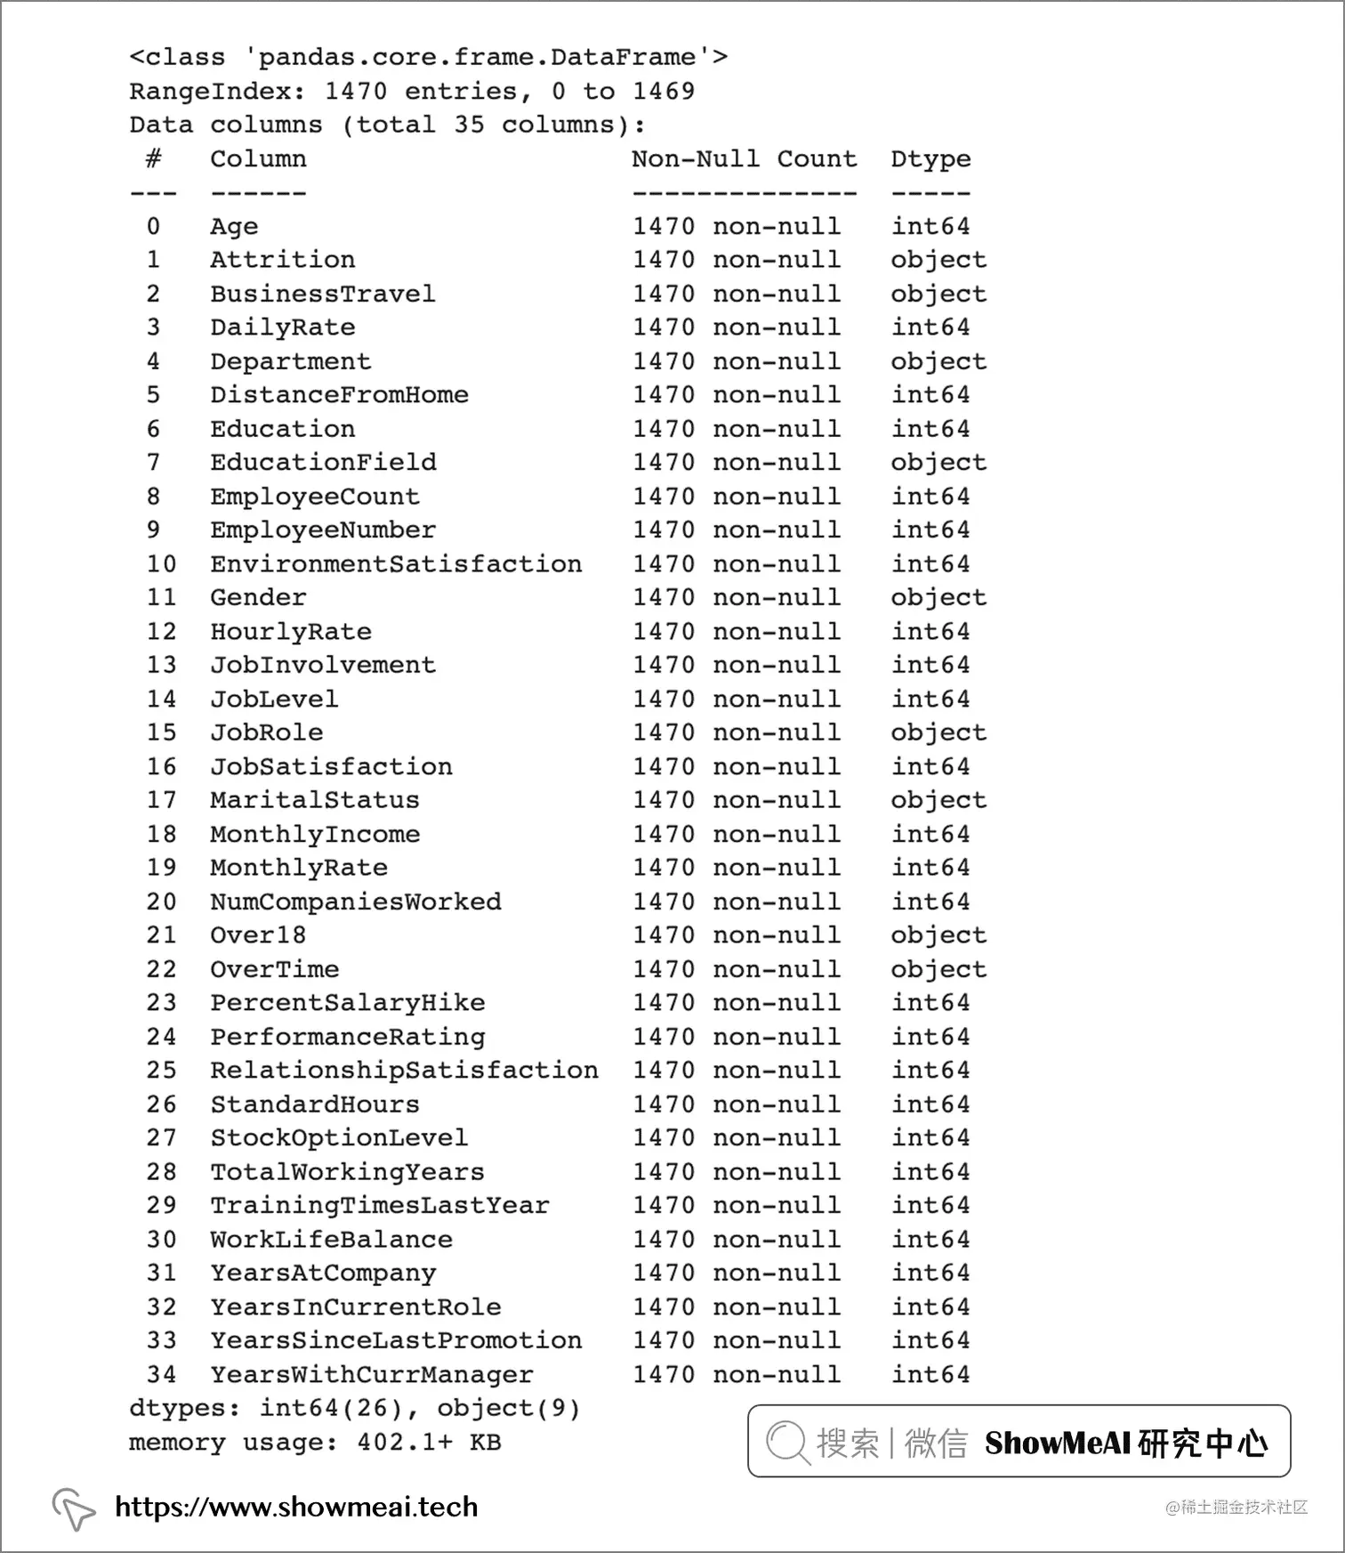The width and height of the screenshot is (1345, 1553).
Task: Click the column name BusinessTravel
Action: (x=323, y=294)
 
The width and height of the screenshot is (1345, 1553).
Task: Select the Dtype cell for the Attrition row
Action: (x=938, y=260)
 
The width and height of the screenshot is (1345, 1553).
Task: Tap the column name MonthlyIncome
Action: (x=315, y=834)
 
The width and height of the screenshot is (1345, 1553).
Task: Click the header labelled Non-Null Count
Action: (x=745, y=159)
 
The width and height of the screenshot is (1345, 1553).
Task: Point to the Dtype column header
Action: (x=930, y=159)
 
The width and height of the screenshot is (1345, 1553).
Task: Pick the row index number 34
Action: (x=161, y=1374)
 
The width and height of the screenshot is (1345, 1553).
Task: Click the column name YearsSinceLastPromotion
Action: (x=396, y=1340)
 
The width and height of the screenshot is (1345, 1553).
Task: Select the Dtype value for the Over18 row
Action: (x=938, y=935)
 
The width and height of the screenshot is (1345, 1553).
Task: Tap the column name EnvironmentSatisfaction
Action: (x=396, y=564)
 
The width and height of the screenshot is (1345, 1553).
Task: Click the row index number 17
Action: (x=161, y=800)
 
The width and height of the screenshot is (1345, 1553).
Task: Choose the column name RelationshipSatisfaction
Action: (x=404, y=1071)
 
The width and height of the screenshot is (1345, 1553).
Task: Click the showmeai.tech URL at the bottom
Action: (x=296, y=1507)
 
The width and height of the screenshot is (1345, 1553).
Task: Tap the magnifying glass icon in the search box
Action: (x=787, y=1442)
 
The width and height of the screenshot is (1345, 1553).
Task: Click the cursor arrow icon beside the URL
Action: (x=73, y=1509)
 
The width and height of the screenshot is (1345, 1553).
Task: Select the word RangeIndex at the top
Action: (x=210, y=92)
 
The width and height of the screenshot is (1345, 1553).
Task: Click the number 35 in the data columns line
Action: (x=469, y=125)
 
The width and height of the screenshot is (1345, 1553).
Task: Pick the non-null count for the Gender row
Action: (x=737, y=598)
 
